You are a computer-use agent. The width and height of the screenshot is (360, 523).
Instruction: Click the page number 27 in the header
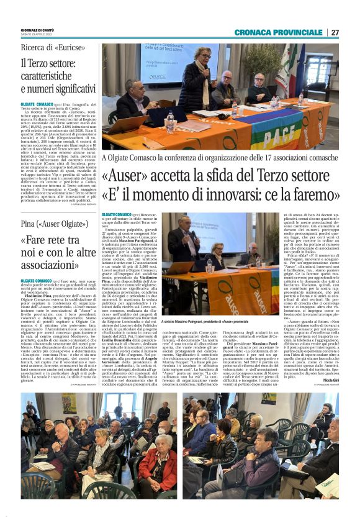pyautogui.click(x=335, y=32)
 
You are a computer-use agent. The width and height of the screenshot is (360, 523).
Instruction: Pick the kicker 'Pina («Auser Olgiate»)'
pyautogui.click(x=53, y=224)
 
